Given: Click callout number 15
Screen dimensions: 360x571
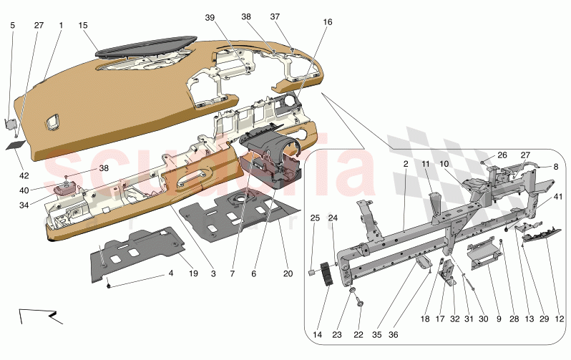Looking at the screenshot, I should [x=83, y=26].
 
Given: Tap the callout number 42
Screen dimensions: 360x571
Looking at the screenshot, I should [x=24, y=175].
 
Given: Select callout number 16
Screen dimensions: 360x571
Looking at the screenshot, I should [x=328, y=22].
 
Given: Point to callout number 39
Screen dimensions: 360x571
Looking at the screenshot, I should [x=210, y=18].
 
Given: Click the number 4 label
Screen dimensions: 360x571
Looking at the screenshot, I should [x=171, y=273].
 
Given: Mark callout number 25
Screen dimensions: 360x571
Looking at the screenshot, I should [x=314, y=218].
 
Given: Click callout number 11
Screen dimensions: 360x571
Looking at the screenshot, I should [x=425, y=165].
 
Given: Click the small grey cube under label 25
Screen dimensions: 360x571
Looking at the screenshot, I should [x=313, y=273].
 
